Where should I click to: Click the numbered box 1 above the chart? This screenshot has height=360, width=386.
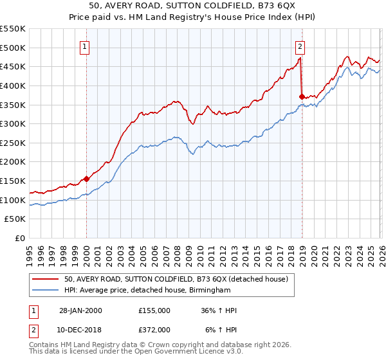click(86, 46)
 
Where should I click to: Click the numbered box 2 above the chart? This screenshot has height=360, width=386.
click(300, 46)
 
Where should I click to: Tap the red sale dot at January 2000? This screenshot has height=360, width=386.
click(86, 179)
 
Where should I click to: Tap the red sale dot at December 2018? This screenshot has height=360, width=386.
click(301, 96)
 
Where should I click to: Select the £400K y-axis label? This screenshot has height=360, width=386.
click(13, 85)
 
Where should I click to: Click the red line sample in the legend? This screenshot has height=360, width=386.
click(46, 280)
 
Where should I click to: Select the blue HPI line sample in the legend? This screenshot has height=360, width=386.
click(46, 291)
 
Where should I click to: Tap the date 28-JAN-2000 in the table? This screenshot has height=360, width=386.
click(80, 310)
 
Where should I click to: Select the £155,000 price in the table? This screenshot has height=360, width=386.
click(154, 310)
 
